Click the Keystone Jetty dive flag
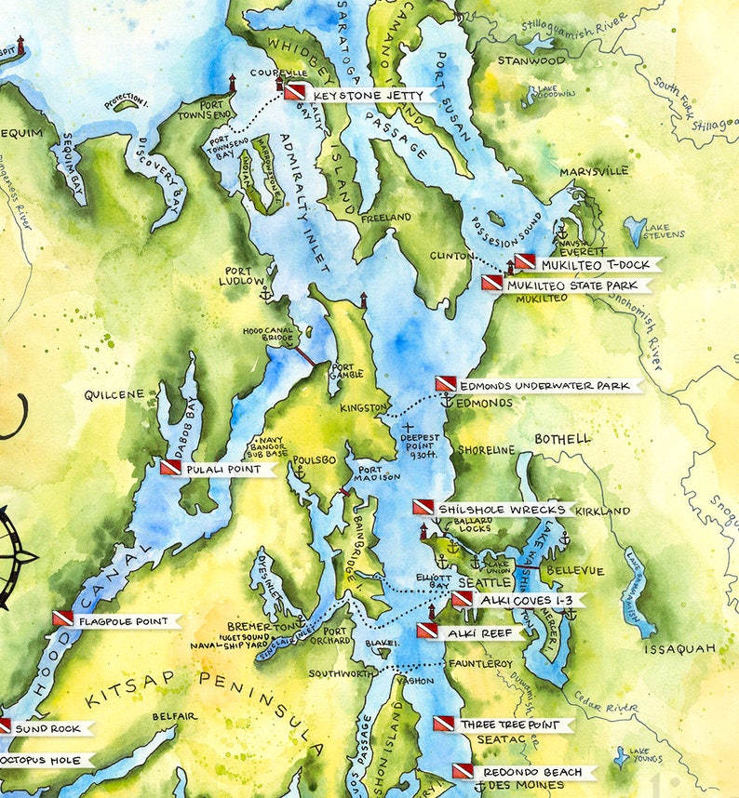click(295, 92)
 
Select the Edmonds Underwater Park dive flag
click(446, 384)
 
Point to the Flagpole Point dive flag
click(63, 618)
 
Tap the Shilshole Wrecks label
click(503, 509)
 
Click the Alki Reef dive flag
click(426, 631)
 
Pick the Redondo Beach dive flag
click(463, 771)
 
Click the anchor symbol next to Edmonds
click(446, 402)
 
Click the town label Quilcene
click(114, 394)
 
